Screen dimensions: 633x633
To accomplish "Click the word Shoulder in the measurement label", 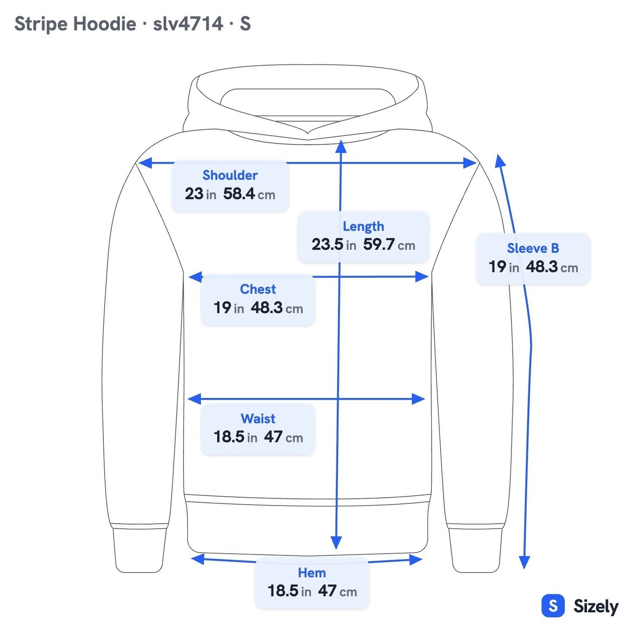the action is click(x=230, y=175).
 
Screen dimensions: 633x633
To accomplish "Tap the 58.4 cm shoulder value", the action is click(x=249, y=194).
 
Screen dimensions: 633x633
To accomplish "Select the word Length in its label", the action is click(x=363, y=226).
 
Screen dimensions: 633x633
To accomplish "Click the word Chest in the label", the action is click(x=258, y=289).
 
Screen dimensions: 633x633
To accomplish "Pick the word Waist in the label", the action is click(x=258, y=418).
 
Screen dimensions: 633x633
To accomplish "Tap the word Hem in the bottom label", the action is click(x=312, y=573).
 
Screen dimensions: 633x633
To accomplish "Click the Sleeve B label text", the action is click(x=533, y=248).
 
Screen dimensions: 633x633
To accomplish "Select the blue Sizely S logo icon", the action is click(x=553, y=605).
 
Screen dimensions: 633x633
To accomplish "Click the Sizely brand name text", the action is click(x=596, y=606).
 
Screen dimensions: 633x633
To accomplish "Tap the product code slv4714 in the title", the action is click(x=188, y=24).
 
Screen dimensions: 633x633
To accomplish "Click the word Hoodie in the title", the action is click(x=104, y=24).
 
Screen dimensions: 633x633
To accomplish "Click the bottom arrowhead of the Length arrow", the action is click(x=336, y=543).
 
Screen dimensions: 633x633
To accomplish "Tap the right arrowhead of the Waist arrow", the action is click(x=418, y=399).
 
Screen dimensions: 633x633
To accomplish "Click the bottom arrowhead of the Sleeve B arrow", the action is click(x=524, y=562).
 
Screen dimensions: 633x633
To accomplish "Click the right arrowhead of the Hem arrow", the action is click(x=416, y=559).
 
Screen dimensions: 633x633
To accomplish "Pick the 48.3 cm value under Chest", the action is click(x=276, y=308).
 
